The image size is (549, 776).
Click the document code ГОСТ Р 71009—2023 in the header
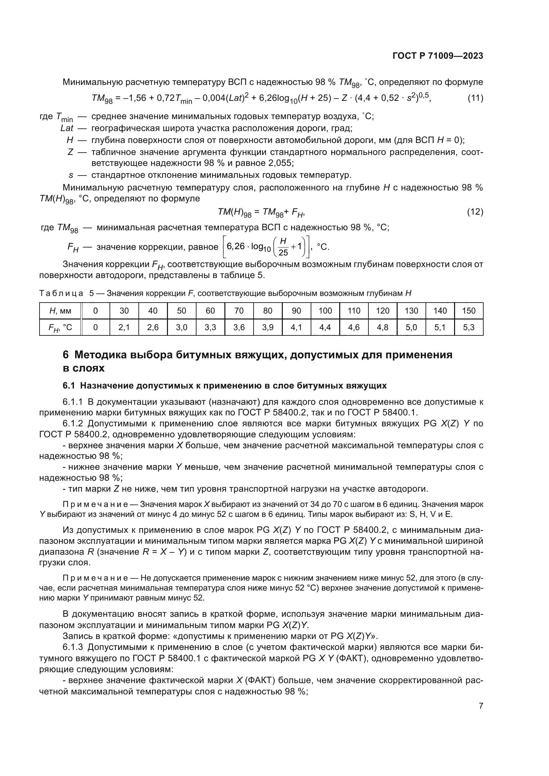438,56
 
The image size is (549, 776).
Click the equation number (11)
475,98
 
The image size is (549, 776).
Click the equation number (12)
475,212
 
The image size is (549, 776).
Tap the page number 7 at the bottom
481,706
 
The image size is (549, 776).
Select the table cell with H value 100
325,311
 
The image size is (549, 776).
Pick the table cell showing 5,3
469,327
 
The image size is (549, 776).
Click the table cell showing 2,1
124,327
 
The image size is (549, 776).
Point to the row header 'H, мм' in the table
60,311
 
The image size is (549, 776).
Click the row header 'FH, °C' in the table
60,327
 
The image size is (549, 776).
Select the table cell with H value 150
469,311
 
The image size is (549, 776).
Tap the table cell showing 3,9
268,327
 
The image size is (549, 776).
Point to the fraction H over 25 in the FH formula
283,247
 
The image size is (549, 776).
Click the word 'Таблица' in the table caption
61,293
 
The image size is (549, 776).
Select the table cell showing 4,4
325,327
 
